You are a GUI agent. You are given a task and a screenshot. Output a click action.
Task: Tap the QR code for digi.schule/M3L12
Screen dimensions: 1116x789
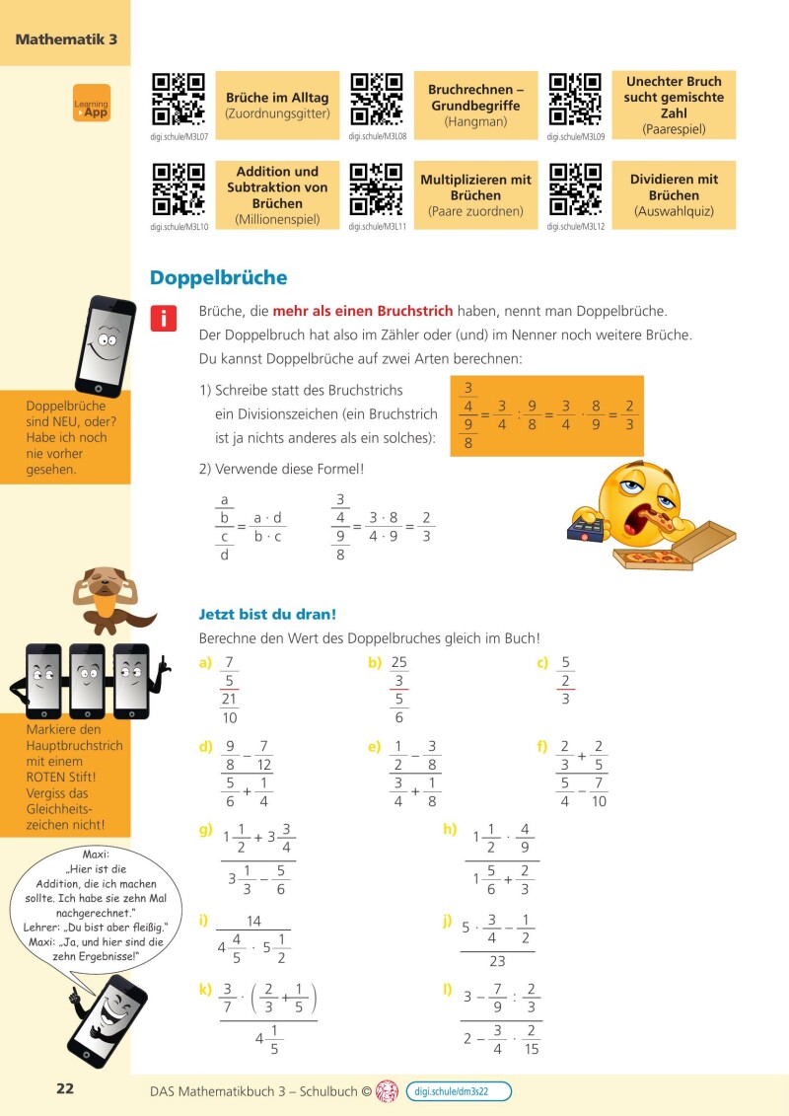click(575, 189)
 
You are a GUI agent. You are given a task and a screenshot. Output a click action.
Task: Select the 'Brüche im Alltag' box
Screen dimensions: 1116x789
click(277, 106)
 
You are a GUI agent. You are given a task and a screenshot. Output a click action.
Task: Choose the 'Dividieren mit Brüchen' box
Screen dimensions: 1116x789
click(674, 195)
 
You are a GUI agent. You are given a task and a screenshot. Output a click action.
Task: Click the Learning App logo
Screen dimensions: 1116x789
click(92, 104)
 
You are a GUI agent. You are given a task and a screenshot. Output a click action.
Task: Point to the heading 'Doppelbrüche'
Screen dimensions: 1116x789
click(218, 278)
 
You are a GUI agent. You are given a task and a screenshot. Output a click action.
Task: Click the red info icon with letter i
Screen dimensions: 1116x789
click(163, 319)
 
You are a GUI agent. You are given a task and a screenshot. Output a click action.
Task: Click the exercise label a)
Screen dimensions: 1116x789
click(205, 663)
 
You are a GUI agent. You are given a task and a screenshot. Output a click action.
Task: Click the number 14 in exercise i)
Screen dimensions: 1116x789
click(253, 921)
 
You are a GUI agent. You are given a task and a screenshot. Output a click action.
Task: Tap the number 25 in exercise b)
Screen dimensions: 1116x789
click(399, 662)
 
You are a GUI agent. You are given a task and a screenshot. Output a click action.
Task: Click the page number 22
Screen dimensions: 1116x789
click(65, 1089)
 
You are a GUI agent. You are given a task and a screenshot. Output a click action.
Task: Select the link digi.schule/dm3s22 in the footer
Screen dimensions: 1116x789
click(458, 1091)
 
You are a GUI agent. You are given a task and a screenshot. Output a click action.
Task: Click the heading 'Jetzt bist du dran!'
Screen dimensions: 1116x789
click(267, 615)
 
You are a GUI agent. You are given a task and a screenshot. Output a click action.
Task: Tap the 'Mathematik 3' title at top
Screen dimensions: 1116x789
click(66, 39)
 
